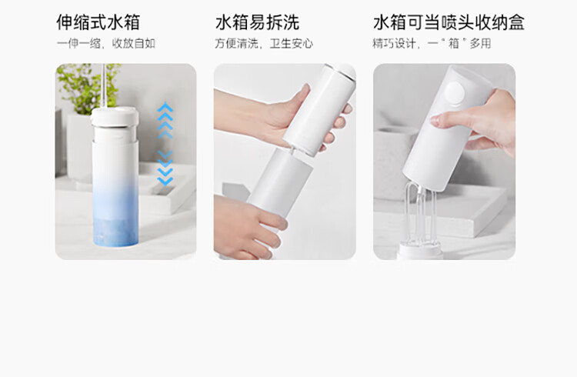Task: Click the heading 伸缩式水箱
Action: click(98, 22)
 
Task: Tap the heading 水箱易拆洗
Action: click(257, 22)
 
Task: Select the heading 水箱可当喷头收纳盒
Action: click(449, 22)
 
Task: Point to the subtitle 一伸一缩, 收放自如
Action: click(106, 43)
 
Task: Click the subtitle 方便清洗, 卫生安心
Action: click(264, 43)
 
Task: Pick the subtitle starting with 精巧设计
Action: click(432, 43)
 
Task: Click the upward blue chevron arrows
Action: click(165, 120)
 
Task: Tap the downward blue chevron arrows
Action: click(165, 168)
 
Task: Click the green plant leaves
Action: click(88, 86)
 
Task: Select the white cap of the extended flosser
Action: click(115, 116)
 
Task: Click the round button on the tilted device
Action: click(455, 93)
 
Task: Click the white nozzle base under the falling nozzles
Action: click(422, 251)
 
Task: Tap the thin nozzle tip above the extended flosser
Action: click(103, 85)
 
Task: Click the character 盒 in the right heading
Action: click(516, 22)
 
